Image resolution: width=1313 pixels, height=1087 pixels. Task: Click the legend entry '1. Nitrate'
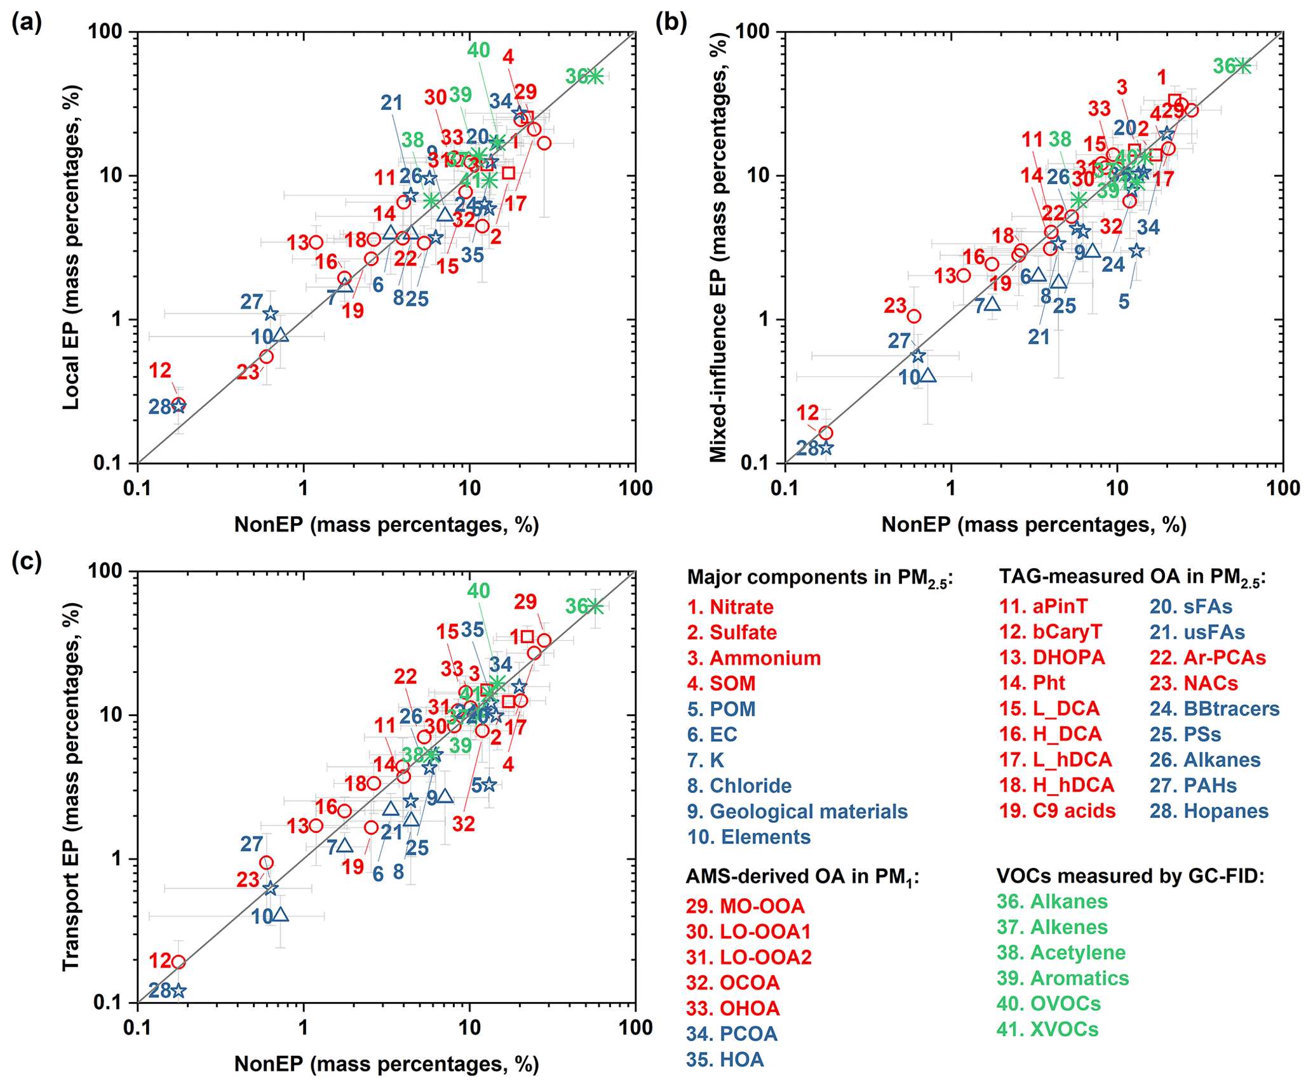pyautogui.click(x=730, y=607)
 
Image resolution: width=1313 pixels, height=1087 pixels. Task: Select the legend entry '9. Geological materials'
pyautogui.click(x=797, y=811)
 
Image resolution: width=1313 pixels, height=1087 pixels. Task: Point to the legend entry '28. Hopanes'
pyautogui.click(x=1209, y=811)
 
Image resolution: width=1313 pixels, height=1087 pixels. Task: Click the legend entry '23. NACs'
pyautogui.click(x=1194, y=683)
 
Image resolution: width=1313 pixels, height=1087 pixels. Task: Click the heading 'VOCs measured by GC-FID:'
pyautogui.click(x=1130, y=876)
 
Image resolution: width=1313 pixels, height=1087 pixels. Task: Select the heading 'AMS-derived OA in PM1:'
pyautogui.click(x=802, y=877)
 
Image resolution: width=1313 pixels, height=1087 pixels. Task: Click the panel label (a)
pyautogui.click(x=27, y=23)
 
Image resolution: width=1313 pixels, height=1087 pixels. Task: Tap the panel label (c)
pyautogui.click(x=27, y=562)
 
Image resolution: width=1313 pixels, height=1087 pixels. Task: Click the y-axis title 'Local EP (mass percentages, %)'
pyautogui.click(x=71, y=247)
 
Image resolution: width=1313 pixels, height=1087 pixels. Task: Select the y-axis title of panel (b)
pyautogui.click(x=718, y=247)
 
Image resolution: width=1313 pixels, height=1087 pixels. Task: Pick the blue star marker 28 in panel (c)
pyautogui.click(x=178, y=990)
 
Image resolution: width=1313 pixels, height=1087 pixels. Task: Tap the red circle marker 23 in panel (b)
pyautogui.click(x=913, y=316)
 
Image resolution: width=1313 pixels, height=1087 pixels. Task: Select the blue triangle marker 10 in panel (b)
pyautogui.click(x=928, y=375)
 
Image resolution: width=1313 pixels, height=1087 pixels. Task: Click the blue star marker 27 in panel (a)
pyautogui.click(x=271, y=314)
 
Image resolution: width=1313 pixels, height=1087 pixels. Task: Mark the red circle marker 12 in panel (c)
pyautogui.click(x=178, y=962)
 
